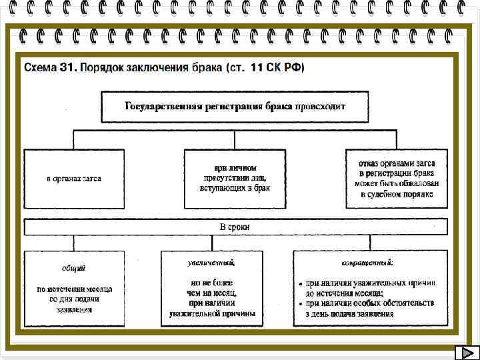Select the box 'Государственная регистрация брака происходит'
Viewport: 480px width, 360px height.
tap(235, 106)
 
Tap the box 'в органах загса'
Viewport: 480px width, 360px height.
tap(74, 179)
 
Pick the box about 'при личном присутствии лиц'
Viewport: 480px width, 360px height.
tap(235, 178)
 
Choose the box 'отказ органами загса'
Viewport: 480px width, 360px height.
tap(397, 178)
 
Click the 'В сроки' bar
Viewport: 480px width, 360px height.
tap(235, 227)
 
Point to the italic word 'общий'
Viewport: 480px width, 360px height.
tap(74, 269)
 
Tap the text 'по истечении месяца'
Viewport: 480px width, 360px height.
tap(74, 289)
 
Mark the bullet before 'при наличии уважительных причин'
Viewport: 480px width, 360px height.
tap(300, 284)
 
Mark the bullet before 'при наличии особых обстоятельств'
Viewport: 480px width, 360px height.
tap(300, 304)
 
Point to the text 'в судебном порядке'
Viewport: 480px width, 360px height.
tap(397, 194)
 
